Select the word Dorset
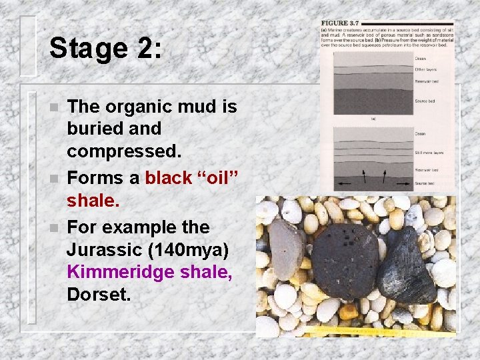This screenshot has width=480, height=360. (x=99, y=294)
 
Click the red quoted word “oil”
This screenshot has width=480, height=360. (x=214, y=178)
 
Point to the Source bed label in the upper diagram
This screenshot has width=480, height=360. (x=425, y=101)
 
